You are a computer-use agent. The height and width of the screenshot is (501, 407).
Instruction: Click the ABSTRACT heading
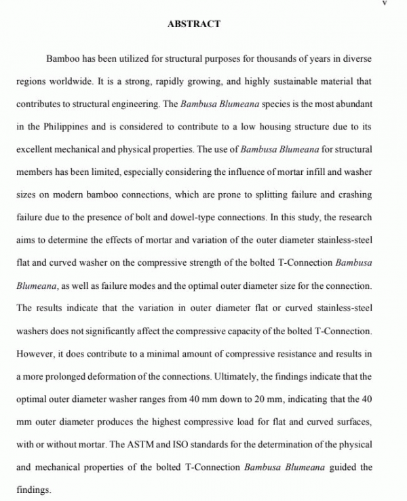193,24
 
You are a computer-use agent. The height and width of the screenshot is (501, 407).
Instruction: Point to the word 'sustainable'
293,81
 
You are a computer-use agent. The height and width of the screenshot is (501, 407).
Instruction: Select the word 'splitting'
265,195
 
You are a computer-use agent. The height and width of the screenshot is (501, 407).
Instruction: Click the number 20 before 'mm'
256,398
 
